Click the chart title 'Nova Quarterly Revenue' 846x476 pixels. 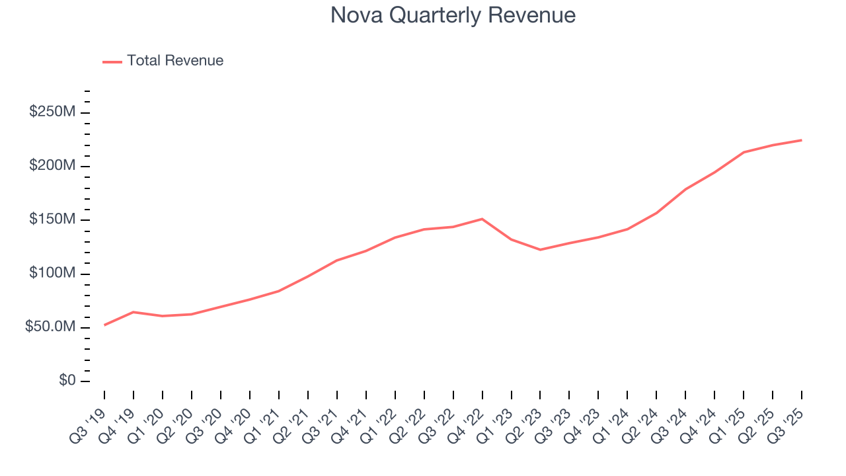click(x=453, y=15)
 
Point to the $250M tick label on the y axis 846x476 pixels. click(x=52, y=112)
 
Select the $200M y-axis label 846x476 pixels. click(x=52, y=165)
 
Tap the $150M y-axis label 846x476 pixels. click(x=52, y=219)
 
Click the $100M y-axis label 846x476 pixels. click(x=52, y=273)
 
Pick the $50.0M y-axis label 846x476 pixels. click(x=50, y=327)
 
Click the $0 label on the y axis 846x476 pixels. click(x=67, y=381)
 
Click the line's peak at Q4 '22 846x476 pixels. click(x=482, y=219)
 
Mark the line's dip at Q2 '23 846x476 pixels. click(x=540, y=249)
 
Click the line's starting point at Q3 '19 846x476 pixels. click(x=104, y=325)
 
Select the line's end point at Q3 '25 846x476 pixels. click(x=801, y=140)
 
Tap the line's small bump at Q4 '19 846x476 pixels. click(x=134, y=312)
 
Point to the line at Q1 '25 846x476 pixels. click(x=744, y=152)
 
